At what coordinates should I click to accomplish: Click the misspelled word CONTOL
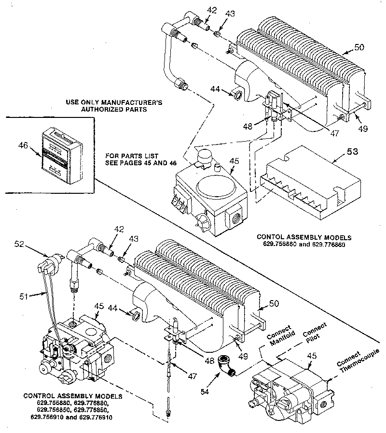[x=269, y=237]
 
